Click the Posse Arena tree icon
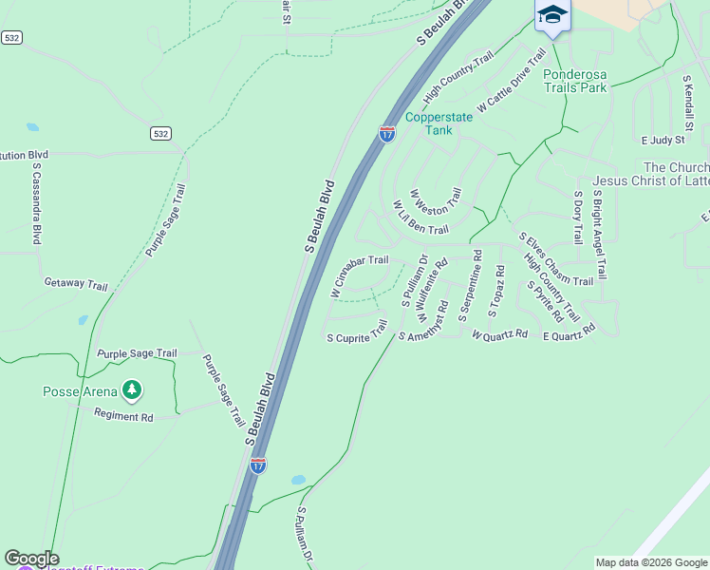pyautogui.click(x=132, y=389)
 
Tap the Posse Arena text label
pyautogui.click(x=80, y=391)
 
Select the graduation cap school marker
pyautogui.click(x=551, y=15)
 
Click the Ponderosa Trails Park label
pyautogui.click(x=574, y=81)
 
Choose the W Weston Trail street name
pyautogui.click(x=437, y=207)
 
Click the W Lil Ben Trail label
pyautogui.click(x=420, y=219)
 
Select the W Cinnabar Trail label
pyautogui.click(x=359, y=275)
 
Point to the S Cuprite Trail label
pyautogui.click(x=357, y=332)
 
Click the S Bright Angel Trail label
pyautogui.click(x=599, y=232)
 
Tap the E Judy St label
pyautogui.click(x=662, y=140)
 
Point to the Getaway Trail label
pyautogui.click(x=76, y=283)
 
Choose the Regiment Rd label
pyautogui.click(x=123, y=416)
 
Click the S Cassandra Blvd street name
pyautogui.click(x=37, y=203)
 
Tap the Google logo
pyautogui.click(x=32, y=559)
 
